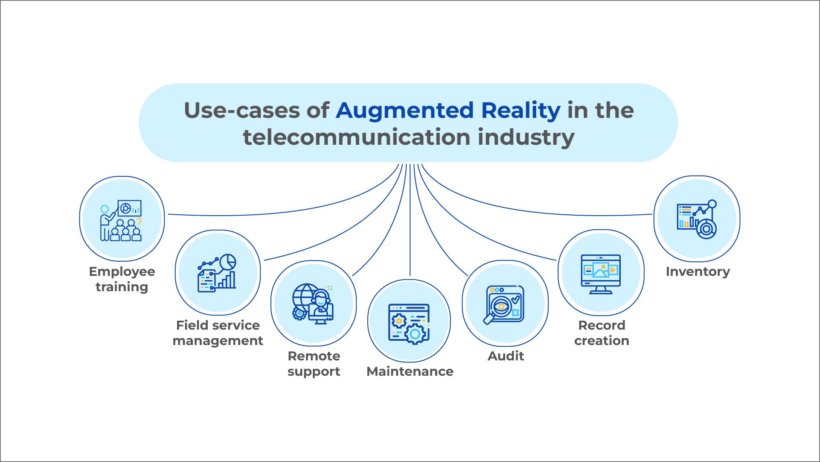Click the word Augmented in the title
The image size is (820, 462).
[x=404, y=111]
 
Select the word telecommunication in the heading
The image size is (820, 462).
[x=356, y=137]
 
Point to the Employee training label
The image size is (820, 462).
[x=122, y=279]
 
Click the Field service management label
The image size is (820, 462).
[x=218, y=333]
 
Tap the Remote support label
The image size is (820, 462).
[x=314, y=363]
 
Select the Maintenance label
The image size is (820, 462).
[x=410, y=371]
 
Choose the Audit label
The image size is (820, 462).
[x=506, y=356]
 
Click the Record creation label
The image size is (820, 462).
[x=602, y=333]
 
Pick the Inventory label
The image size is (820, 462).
[x=698, y=271]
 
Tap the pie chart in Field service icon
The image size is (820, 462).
[x=228, y=262]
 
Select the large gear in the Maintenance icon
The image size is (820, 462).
[x=415, y=334]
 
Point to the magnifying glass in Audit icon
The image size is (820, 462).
[x=497, y=310]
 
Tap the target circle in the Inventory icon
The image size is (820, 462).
[x=707, y=229]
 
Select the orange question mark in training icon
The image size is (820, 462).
[x=139, y=222]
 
